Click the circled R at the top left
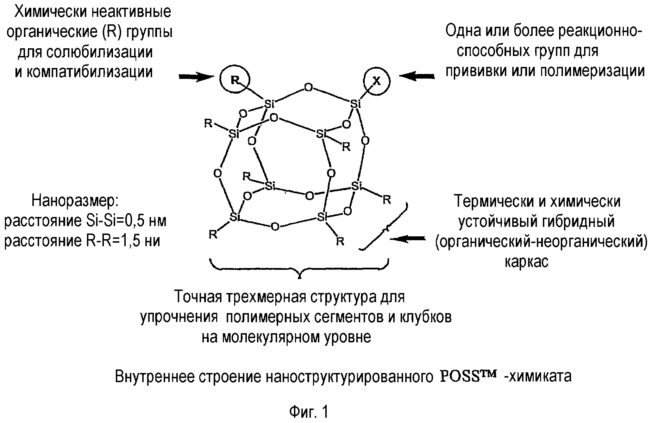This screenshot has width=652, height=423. [x=234, y=80]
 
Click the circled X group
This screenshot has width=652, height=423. [x=376, y=81]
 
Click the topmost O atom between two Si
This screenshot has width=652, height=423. [x=308, y=87]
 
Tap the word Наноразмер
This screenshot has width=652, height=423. [x=76, y=201]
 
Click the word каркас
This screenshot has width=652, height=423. [x=526, y=262]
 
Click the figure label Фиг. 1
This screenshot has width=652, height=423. [x=308, y=411]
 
